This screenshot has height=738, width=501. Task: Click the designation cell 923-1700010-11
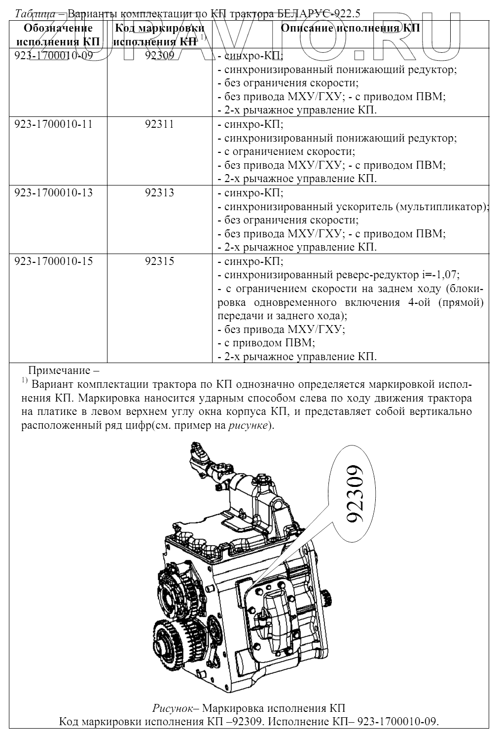54,124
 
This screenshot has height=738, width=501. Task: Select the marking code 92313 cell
159,193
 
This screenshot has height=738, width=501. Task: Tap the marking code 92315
159,261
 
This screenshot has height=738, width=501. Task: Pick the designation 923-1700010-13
54,193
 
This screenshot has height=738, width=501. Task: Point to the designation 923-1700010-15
54,261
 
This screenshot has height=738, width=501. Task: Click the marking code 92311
159,124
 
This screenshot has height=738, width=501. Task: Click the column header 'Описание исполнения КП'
350,28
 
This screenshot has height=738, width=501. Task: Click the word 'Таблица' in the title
35,14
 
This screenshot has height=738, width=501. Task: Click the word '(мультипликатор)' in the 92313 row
442,207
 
